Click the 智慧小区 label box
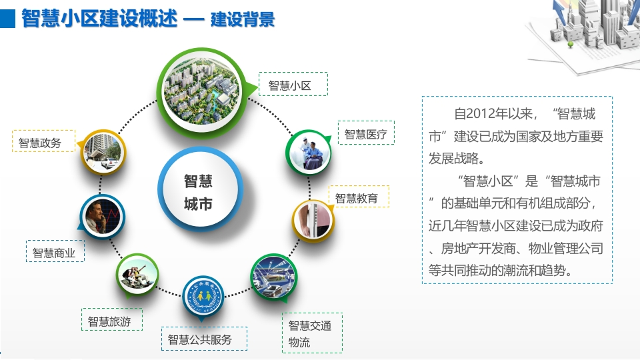click(x=293, y=84)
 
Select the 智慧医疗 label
click(x=366, y=133)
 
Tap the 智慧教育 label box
click(x=359, y=196)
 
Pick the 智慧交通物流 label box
click(x=312, y=333)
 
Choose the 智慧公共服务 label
click(x=204, y=339)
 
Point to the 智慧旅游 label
click(x=112, y=319)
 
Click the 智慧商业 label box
click(x=55, y=251)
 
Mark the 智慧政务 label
click(x=44, y=141)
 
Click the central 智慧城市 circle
click(x=200, y=189)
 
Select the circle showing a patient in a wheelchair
click(x=309, y=152)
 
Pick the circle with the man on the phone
click(x=102, y=216)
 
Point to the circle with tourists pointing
click(x=137, y=274)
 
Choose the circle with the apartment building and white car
click(x=103, y=152)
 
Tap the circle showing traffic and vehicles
click(x=273, y=277)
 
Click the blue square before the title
click(x=8, y=19)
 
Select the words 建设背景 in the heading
click(x=243, y=19)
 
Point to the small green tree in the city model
click(x=571, y=44)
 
